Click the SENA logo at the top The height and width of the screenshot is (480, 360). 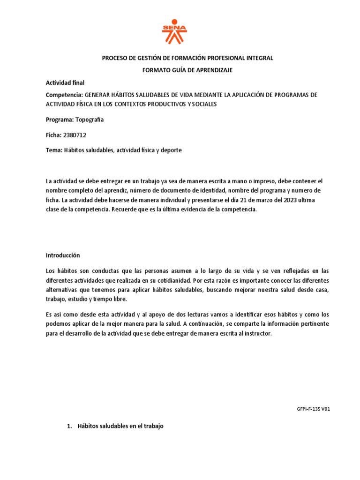click(x=174, y=32)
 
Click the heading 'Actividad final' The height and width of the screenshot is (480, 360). click(x=65, y=82)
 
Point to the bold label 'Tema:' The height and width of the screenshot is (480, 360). click(x=53, y=150)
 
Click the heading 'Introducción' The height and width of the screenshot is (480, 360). click(x=63, y=255)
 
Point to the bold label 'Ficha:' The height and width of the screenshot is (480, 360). click(x=53, y=135)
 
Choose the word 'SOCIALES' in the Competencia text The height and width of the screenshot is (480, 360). click(x=204, y=104)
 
